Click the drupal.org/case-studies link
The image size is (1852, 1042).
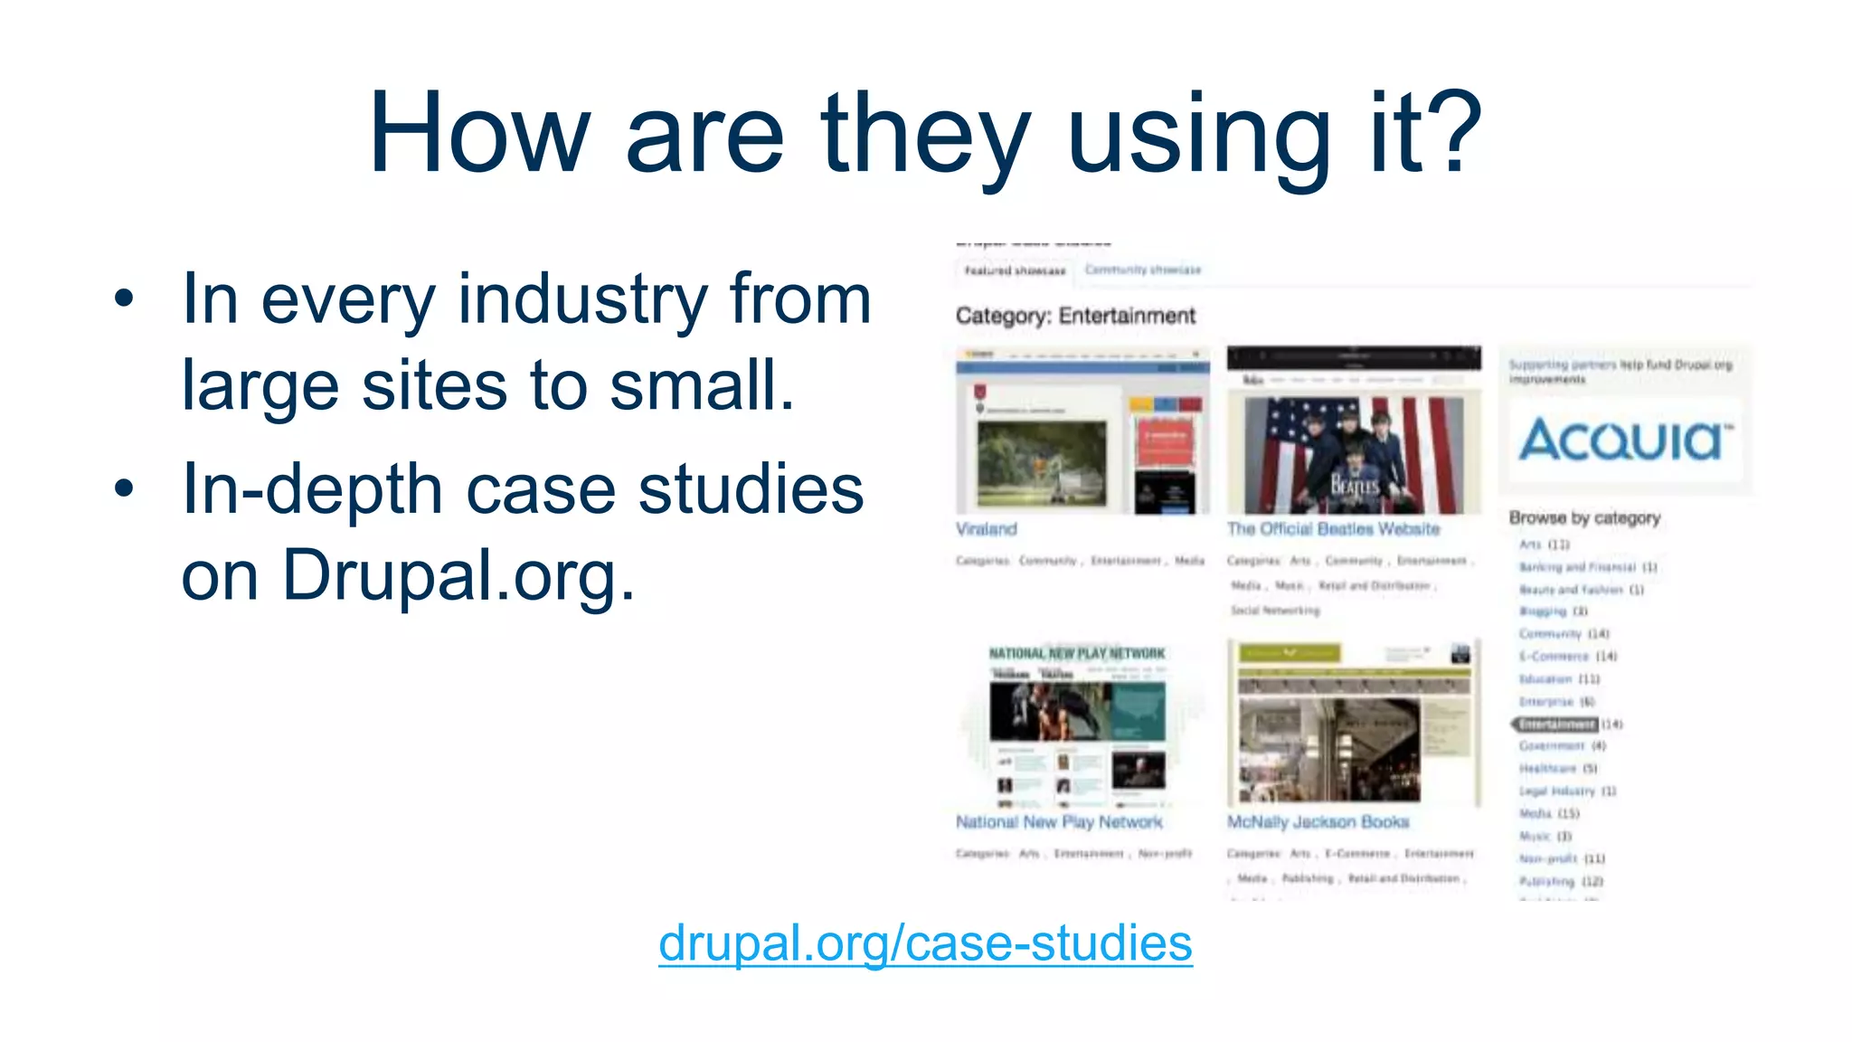tap(924, 943)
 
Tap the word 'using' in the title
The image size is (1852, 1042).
tap(1198, 136)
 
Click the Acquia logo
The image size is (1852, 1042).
tap(1625, 440)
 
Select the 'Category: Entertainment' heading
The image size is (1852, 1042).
tap(1074, 316)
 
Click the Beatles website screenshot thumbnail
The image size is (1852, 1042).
tap(1354, 431)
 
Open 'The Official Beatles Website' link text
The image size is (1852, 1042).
tap(1332, 529)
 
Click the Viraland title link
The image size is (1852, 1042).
tap(986, 529)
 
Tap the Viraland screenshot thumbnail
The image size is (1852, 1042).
tap(1082, 431)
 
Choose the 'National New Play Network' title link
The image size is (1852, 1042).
tap(1058, 822)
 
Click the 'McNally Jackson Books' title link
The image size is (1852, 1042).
tap(1317, 822)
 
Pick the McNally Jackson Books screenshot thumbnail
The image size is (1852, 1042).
tap(1354, 723)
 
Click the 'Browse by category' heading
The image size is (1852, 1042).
tap(1583, 518)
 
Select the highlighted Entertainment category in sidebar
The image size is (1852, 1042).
tap(1557, 725)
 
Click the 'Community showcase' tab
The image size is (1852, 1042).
tap(1142, 270)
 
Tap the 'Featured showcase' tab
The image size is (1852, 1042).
tap(1015, 270)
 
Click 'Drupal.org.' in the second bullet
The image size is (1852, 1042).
tap(458, 575)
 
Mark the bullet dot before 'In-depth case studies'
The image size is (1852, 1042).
tap(124, 488)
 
